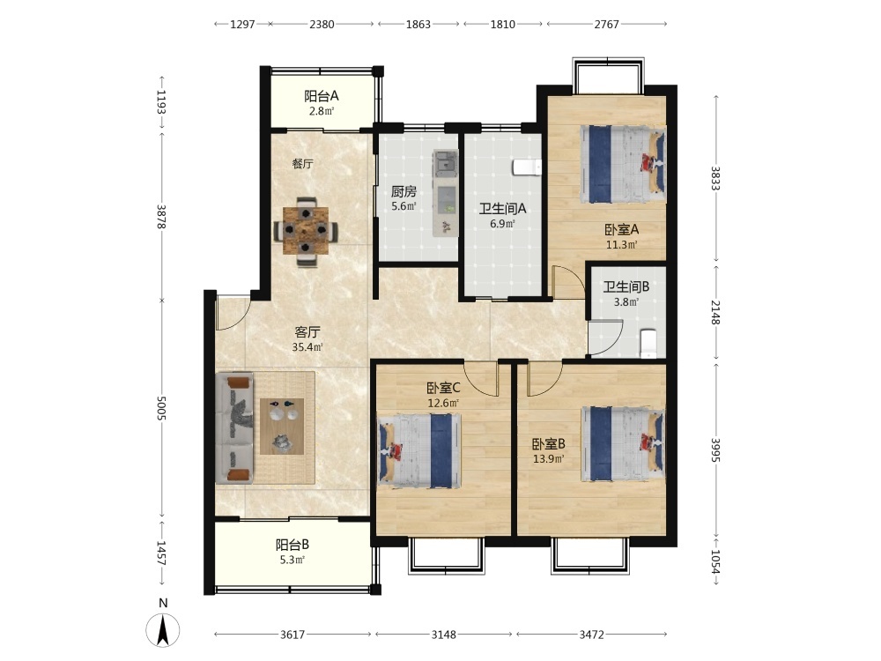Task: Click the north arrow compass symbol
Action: [163, 629]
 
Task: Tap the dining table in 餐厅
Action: [306, 230]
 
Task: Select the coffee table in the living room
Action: [282, 427]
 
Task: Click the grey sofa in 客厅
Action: [235, 427]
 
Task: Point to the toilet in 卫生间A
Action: [527, 167]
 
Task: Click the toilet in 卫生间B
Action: [648, 344]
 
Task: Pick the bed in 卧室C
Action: [419, 450]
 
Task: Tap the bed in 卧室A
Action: [623, 164]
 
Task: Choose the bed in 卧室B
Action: [623, 444]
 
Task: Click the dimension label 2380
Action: [322, 24]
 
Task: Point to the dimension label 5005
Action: [161, 407]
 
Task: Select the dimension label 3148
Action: [444, 635]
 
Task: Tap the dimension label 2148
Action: [715, 312]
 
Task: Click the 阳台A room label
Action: [322, 96]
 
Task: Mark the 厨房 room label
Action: [403, 191]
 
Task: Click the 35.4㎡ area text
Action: [307, 347]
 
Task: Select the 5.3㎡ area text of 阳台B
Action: [292, 560]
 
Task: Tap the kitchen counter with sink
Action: [446, 193]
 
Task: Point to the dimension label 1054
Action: [715, 561]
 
